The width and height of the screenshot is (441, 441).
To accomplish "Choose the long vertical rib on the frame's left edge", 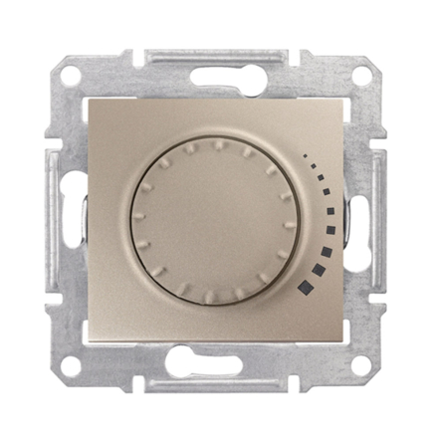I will point(50,219).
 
